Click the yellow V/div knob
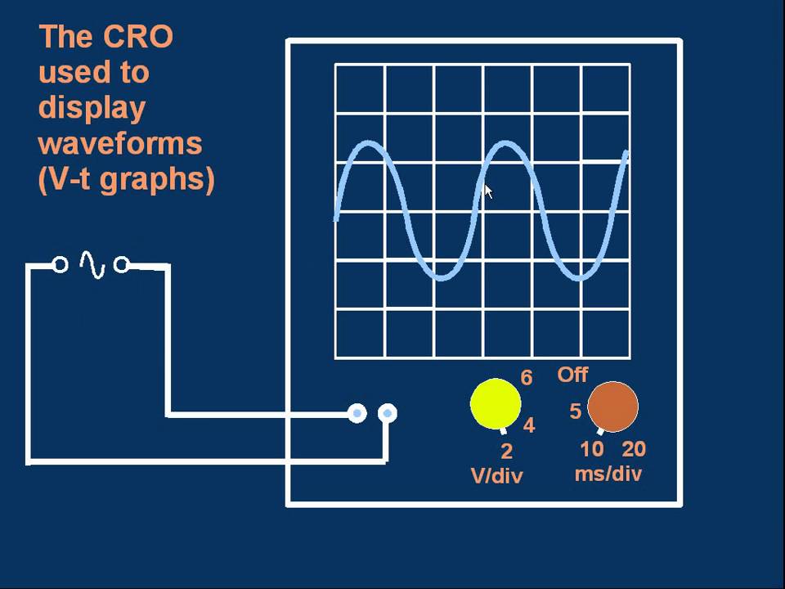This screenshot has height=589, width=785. click(x=496, y=404)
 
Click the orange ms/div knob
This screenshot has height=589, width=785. click(x=612, y=407)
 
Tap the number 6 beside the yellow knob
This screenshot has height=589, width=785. click(x=527, y=378)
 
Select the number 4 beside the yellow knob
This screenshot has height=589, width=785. click(x=529, y=425)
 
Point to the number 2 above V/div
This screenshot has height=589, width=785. click(x=506, y=451)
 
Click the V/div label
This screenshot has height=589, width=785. click(x=496, y=476)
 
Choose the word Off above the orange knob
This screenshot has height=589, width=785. click(x=572, y=375)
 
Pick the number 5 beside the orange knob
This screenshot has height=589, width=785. click(x=576, y=411)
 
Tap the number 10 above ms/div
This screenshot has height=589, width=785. click(x=592, y=449)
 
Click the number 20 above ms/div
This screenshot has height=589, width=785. click(x=634, y=449)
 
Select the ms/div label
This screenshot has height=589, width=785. click(x=608, y=474)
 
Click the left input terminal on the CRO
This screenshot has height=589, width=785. click(x=357, y=414)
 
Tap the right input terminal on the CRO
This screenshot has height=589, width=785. click(x=388, y=414)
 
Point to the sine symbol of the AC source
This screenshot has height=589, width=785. click(x=92, y=265)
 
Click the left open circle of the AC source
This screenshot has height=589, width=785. click(x=60, y=265)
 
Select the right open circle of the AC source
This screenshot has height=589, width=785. click(x=121, y=265)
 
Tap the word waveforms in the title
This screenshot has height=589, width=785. click(x=119, y=143)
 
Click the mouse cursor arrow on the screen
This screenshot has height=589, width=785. click(x=488, y=191)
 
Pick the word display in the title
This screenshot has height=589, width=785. click(x=92, y=108)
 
